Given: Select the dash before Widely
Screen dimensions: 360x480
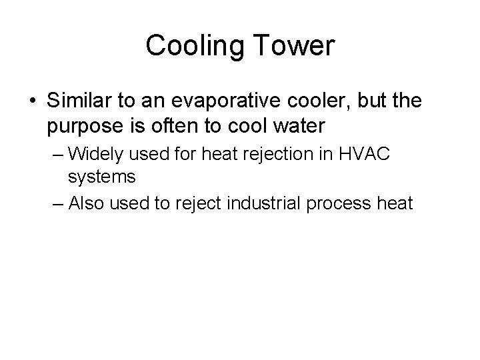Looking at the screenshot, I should point(57,155).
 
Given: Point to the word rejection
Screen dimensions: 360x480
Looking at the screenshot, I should point(264,154).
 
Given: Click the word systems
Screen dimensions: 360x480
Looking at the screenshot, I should point(102,177).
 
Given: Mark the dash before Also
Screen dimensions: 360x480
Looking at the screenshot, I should point(57,202).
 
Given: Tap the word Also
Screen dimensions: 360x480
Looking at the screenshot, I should point(87,201).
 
